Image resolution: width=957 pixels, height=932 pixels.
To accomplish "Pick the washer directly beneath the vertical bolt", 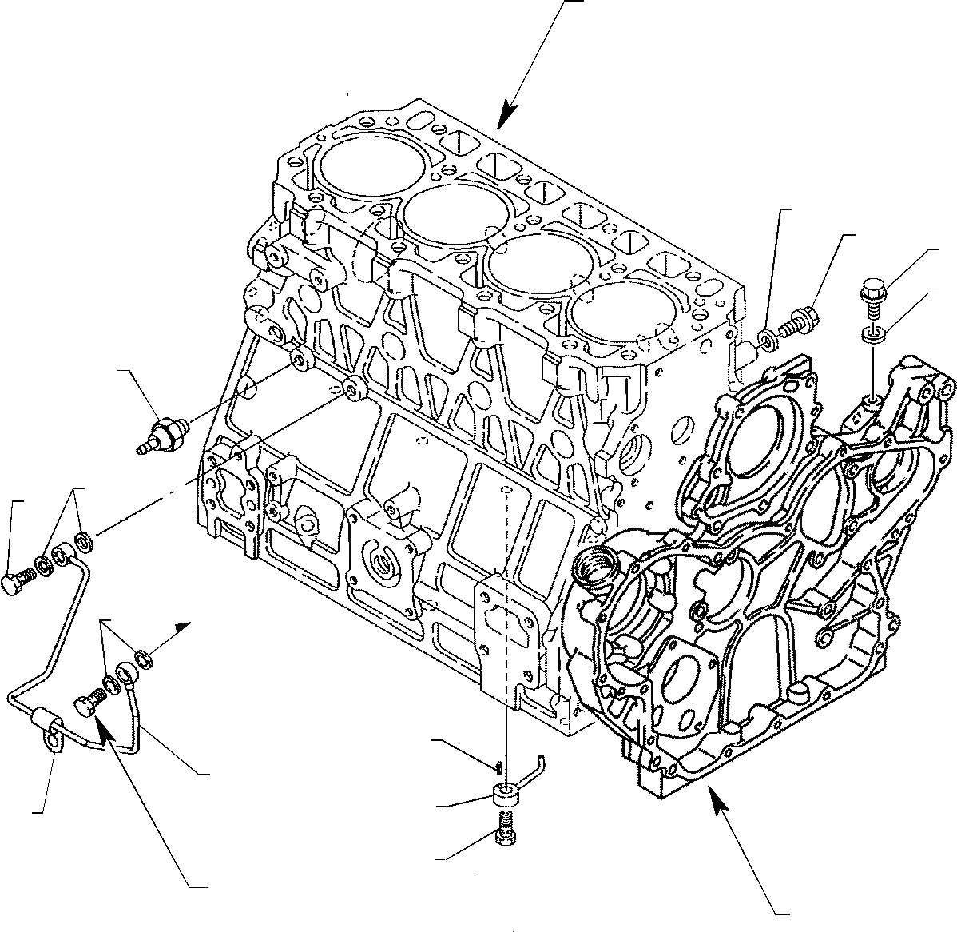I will pyautogui.click(x=874, y=333).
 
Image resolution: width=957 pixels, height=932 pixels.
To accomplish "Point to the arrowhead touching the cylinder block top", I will pyautogui.click(x=504, y=119).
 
